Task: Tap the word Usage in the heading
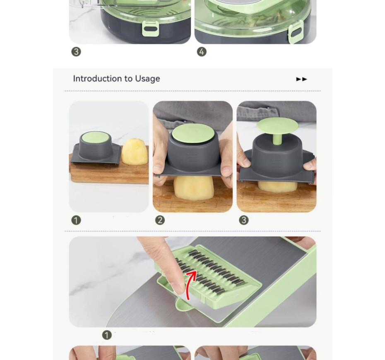coord(147,79)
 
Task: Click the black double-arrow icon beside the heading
coord(301,79)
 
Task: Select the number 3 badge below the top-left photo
coord(76,52)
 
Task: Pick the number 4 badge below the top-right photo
coord(202,52)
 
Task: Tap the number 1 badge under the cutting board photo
coord(76,220)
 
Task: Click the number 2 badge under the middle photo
coord(160,220)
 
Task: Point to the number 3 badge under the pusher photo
coord(243,220)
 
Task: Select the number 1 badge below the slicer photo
coord(107,335)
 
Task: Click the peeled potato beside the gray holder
coord(135,152)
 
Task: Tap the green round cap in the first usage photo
coord(95,138)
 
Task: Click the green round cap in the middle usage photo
coord(192,133)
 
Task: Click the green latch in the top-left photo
coord(151,29)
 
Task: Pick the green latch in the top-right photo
coord(296,32)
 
